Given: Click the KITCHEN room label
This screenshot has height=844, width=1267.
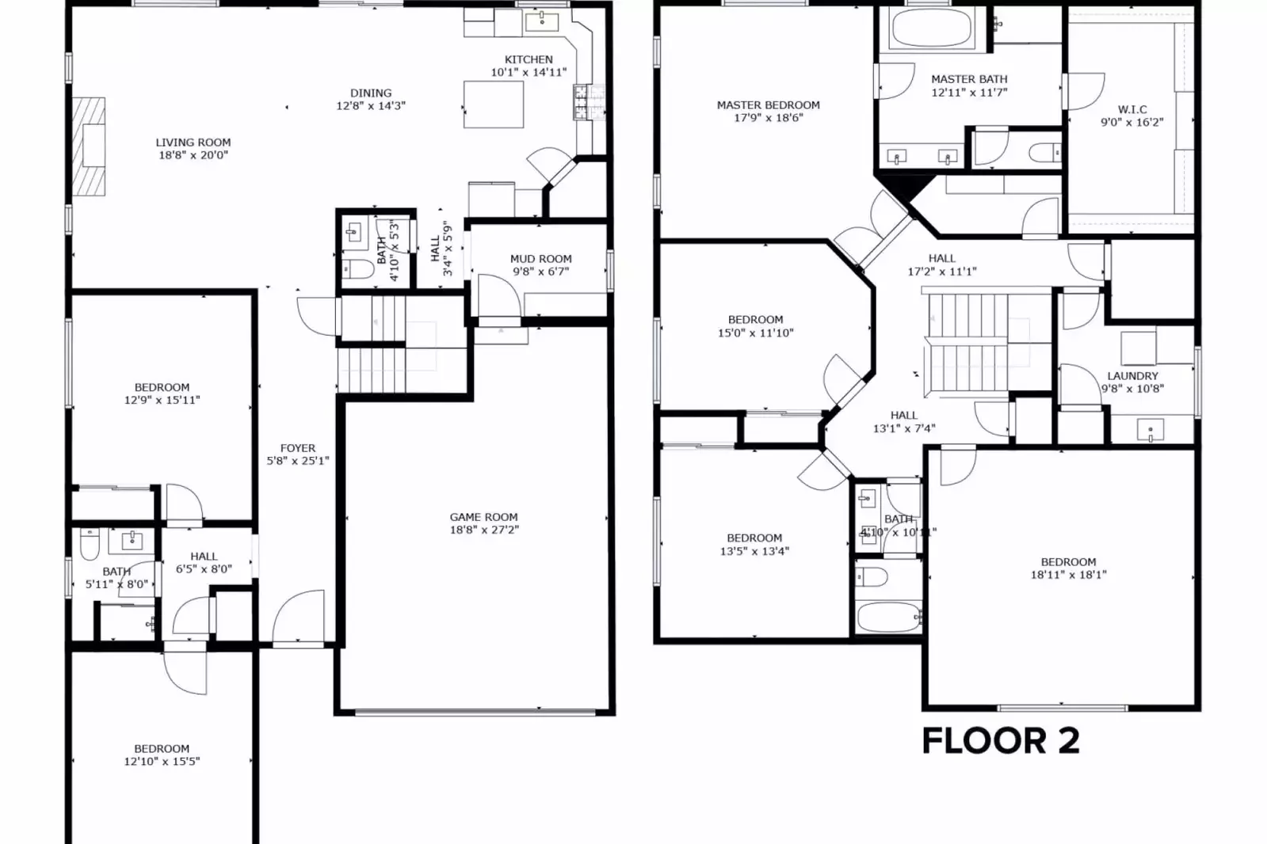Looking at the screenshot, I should pos(529,59).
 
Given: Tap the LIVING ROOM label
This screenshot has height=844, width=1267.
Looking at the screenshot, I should pos(193,143).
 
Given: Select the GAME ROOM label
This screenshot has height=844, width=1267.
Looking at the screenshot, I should pos(483,517).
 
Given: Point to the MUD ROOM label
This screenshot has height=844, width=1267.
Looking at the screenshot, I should pos(540,259).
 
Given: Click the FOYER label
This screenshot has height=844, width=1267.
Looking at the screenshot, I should pos(298,448).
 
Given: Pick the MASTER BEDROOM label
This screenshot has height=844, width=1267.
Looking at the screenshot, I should pos(768,105).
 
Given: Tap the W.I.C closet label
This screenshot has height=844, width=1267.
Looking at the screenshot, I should pos(1132,109).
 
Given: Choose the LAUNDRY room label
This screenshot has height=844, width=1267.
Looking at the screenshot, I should pos(1132,376).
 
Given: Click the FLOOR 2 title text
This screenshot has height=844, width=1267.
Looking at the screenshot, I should pos(1001,741).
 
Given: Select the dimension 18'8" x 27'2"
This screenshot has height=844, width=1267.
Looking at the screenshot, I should pos(483,530).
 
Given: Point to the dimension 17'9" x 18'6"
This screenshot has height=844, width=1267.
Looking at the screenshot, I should pos(768,118).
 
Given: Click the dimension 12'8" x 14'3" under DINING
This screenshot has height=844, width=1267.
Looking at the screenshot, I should pos(371,106).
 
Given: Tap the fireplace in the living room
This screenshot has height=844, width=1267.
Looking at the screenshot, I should pos(90,146).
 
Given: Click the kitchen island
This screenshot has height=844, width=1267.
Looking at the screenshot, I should pos(494,104).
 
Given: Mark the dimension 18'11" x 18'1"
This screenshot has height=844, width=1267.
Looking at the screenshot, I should pos(1068,575).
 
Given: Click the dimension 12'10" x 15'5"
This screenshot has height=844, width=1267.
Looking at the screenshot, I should pos(162,762).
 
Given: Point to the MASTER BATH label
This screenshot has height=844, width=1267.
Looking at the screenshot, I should pos(969,79).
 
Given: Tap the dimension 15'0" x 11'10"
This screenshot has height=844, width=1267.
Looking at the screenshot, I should pos(755,333).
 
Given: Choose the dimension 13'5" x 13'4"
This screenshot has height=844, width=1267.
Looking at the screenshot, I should pos(754,551).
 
